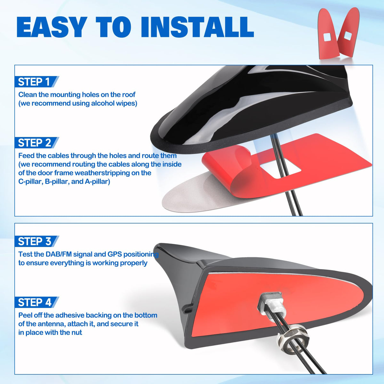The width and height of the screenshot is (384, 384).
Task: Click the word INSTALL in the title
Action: [197, 27]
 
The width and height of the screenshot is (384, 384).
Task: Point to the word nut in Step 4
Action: [76, 332]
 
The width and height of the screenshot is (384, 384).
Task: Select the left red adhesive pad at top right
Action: [328, 34]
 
